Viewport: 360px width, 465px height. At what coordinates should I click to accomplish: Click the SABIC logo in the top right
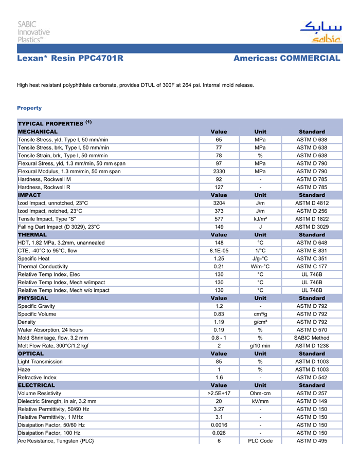320,32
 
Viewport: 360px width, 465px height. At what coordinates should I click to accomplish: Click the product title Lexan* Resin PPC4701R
70,59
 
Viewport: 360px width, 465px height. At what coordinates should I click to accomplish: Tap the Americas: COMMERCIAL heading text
287,59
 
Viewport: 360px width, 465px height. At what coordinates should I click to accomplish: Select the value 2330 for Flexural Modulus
219,171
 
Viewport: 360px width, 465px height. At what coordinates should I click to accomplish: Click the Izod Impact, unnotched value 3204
219,203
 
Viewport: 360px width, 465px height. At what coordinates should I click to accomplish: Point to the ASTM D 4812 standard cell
312,203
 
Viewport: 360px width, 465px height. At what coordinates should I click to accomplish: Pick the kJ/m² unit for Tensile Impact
260,219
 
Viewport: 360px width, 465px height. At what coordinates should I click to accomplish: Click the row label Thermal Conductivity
43,267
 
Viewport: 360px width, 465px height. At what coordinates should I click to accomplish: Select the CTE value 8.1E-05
219,251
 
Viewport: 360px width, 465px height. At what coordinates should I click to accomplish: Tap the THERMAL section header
32,235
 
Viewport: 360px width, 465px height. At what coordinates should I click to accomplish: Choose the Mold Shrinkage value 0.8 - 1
219,338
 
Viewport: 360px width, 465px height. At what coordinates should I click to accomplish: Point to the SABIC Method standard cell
312,338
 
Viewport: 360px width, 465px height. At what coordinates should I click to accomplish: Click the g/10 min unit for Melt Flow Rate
260,346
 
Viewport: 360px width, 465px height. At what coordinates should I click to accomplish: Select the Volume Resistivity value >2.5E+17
219,394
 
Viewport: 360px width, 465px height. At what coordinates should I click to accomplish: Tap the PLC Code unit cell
260,441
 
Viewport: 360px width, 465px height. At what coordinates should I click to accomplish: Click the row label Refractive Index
37,378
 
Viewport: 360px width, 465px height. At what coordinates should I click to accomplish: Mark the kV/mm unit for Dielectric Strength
260,401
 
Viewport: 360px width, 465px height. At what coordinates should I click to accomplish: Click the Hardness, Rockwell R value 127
219,187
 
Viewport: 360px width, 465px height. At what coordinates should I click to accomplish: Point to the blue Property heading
29,108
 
